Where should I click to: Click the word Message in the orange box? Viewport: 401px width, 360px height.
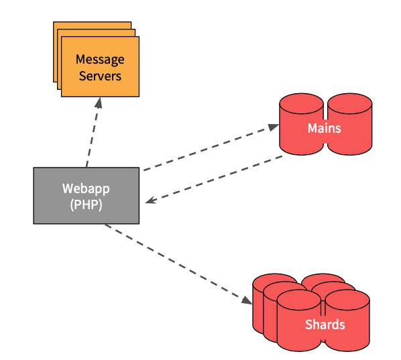tap(100, 60)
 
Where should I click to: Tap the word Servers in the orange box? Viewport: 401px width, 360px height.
tap(100, 76)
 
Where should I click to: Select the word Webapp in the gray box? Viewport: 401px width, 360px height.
tap(86, 188)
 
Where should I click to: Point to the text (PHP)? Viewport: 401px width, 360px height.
tap(86, 204)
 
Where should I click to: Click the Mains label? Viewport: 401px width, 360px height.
tap(325, 128)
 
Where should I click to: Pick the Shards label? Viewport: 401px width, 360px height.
tap(325, 325)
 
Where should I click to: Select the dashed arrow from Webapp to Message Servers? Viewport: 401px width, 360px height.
tap(93, 134)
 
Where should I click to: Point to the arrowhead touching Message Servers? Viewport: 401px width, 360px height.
tap(99, 102)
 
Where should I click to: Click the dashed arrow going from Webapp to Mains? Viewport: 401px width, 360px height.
tap(208, 147)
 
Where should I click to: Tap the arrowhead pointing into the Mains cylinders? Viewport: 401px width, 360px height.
tap(274, 126)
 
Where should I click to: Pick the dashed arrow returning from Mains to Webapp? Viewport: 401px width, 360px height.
tap(215, 179)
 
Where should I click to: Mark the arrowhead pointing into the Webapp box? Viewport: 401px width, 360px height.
tap(151, 200)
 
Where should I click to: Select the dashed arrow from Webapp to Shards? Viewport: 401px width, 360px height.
tap(174, 261)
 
